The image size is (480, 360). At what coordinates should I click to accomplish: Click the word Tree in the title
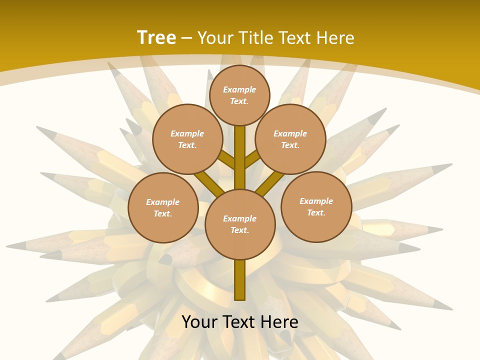[156, 37]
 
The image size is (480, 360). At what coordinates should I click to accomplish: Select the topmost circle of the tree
[239, 95]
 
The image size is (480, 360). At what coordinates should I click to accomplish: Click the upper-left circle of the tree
[187, 139]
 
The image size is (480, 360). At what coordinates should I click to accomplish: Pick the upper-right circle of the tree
[290, 139]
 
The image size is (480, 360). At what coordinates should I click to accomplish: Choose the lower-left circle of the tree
[163, 207]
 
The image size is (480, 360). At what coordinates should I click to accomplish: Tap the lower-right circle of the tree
[316, 206]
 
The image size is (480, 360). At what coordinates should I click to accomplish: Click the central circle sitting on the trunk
[240, 224]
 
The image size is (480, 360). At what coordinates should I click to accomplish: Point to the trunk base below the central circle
[240, 280]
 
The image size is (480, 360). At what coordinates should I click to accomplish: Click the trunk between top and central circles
[240, 155]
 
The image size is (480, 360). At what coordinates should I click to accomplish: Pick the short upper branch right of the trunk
[252, 158]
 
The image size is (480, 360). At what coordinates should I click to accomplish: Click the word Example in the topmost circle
[239, 90]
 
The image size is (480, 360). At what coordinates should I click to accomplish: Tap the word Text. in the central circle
[239, 230]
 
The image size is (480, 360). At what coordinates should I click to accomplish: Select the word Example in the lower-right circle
[316, 201]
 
